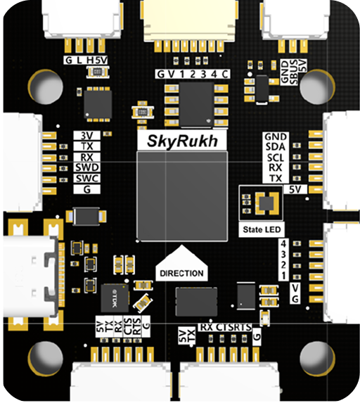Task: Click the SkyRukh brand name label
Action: point(181,141)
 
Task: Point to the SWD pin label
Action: point(87,167)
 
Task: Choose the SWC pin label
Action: point(87,178)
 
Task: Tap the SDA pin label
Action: point(274,147)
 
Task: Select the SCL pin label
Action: point(274,158)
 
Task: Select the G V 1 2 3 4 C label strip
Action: point(192,75)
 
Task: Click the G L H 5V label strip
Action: point(86,60)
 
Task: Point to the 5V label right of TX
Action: point(295,189)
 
